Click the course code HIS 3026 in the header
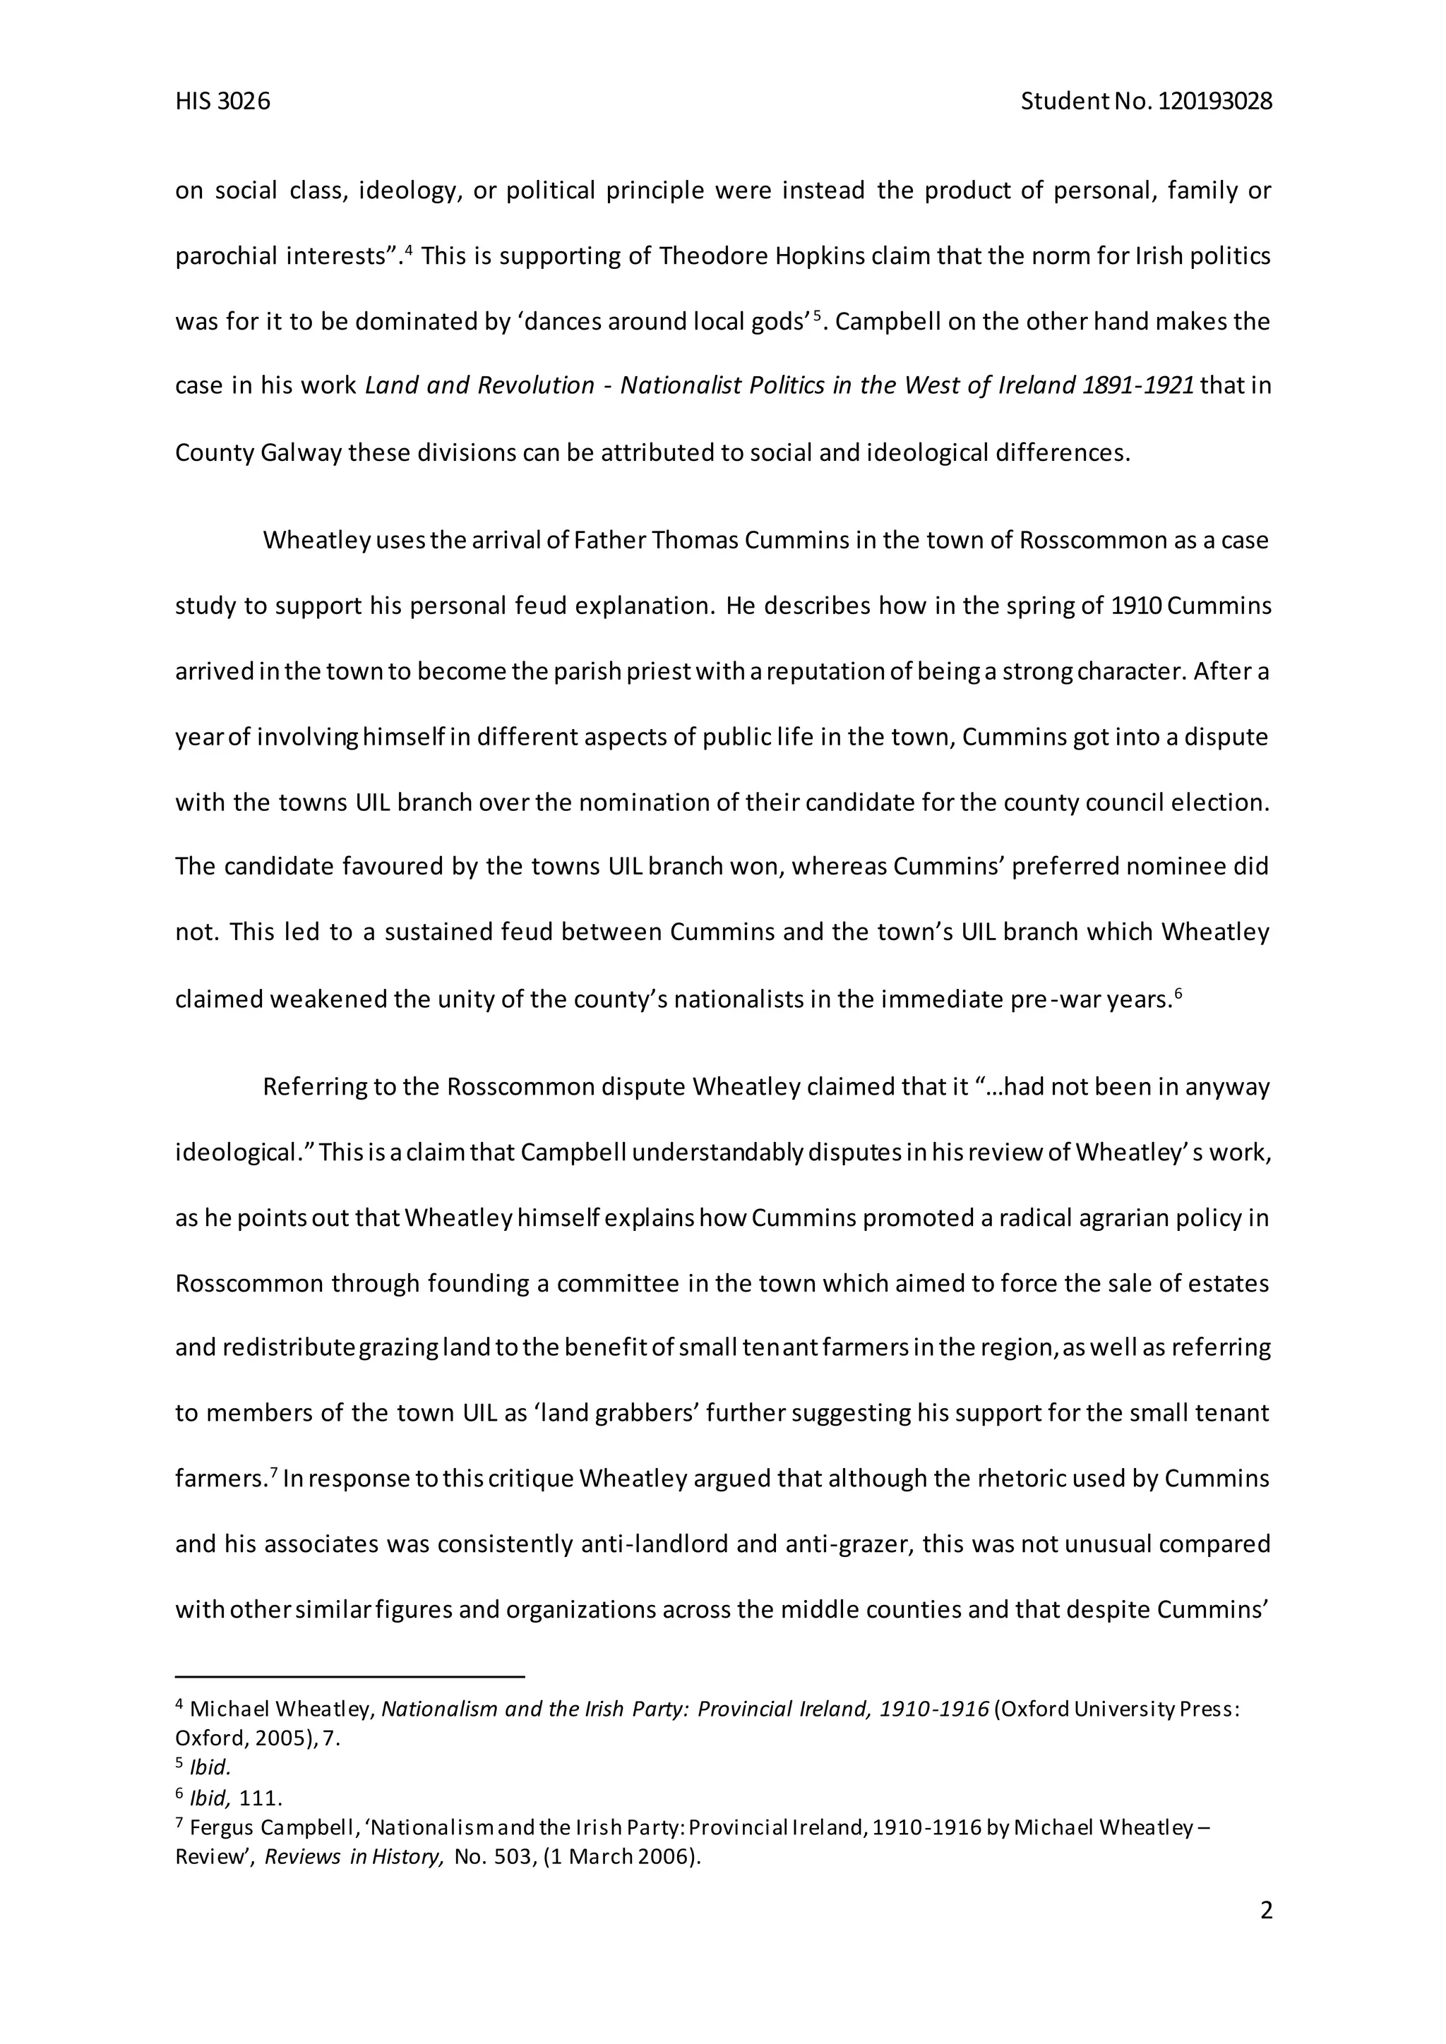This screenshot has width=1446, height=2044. (222, 102)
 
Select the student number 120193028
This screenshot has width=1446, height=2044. (1215, 102)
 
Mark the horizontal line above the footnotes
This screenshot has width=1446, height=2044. (350, 1677)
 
